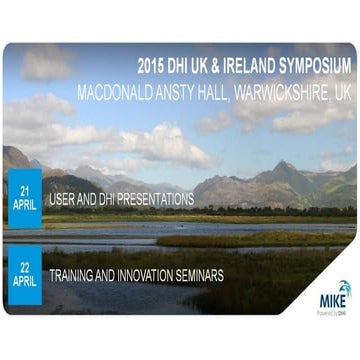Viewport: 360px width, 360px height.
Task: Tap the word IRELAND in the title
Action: point(242,65)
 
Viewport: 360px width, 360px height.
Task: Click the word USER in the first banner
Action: point(63,200)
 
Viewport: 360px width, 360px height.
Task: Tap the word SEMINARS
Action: point(214,274)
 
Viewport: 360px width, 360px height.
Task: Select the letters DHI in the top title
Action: point(182,65)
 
